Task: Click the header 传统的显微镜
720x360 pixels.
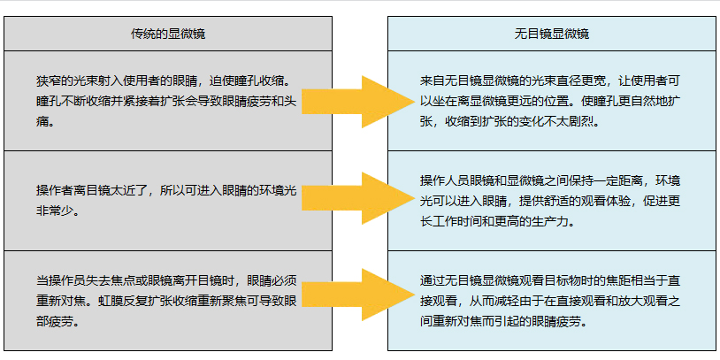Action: pyautogui.click(x=168, y=34)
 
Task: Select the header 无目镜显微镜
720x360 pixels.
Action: pyautogui.click(x=552, y=34)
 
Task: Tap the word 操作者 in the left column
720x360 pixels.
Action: pyautogui.click(x=52, y=190)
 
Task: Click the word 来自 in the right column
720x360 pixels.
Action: pyautogui.click(x=431, y=80)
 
